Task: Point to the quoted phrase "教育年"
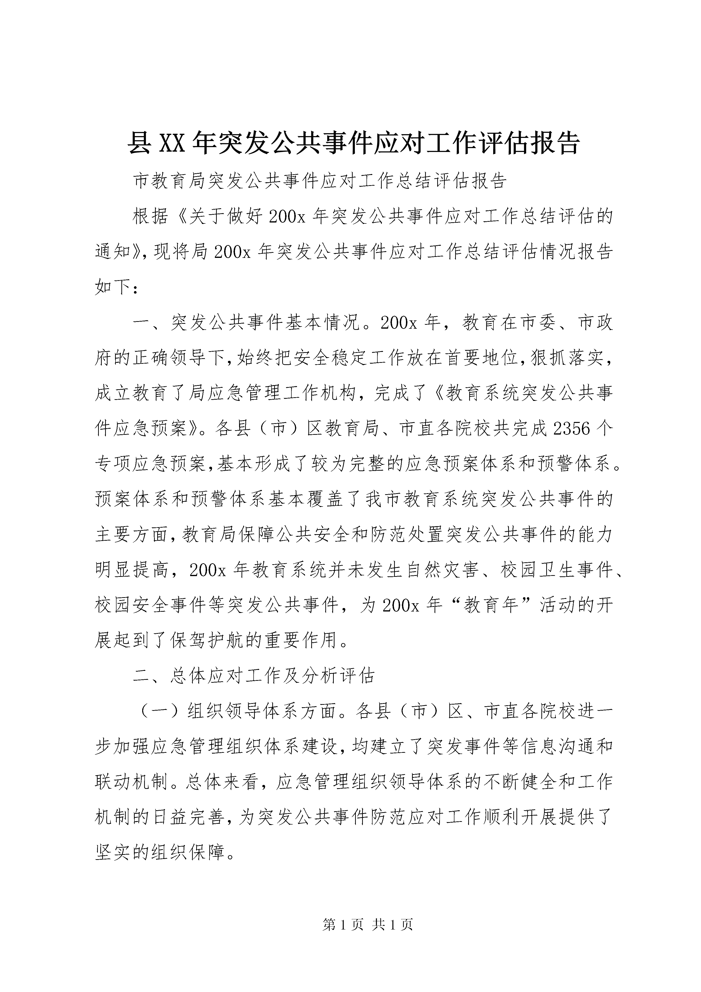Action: (x=491, y=605)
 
